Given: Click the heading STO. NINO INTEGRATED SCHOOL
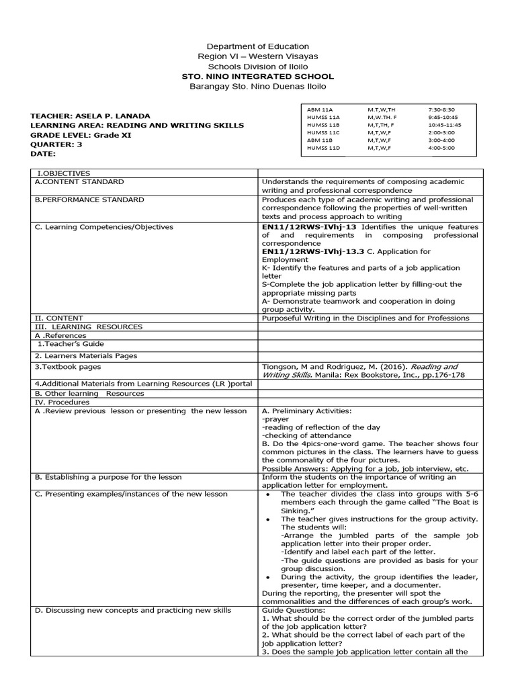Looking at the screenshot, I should pos(258,77).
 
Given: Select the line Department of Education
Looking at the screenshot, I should pos(258,46).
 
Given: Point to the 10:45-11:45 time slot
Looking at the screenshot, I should pos(444,124).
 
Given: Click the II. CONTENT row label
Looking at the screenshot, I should pos(59,318).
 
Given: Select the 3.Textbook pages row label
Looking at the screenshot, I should pos(68,367).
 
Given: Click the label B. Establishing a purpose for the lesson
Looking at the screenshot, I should pos(108,477).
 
